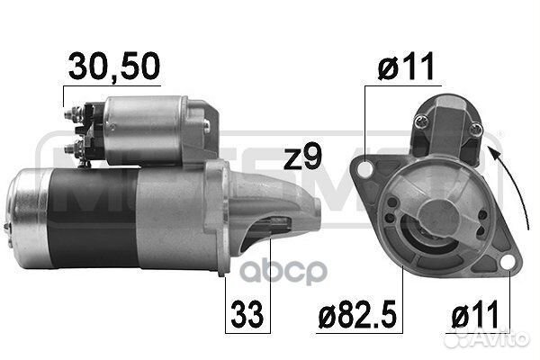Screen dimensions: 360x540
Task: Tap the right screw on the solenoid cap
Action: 473,132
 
